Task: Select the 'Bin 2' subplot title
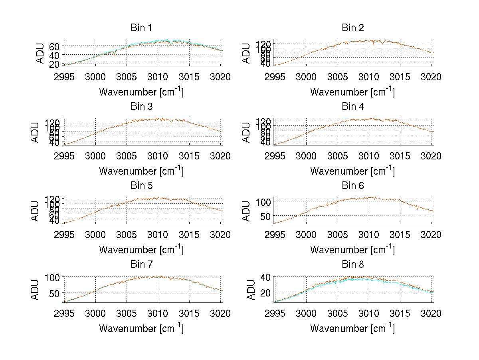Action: click(352, 28)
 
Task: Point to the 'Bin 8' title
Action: click(352, 265)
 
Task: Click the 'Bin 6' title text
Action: click(352, 186)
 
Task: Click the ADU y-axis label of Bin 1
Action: click(40, 53)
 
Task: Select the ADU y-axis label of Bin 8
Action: click(251, 290)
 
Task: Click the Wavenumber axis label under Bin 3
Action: click(141, 171)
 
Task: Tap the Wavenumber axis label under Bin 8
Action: click(352, 328)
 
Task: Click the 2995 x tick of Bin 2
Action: click(275, 77)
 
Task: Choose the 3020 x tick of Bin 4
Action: click(431, 156)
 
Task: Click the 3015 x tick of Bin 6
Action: click(400, 235)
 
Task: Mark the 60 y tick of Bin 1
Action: click(54, 46)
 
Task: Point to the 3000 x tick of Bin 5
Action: click(95, 235)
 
